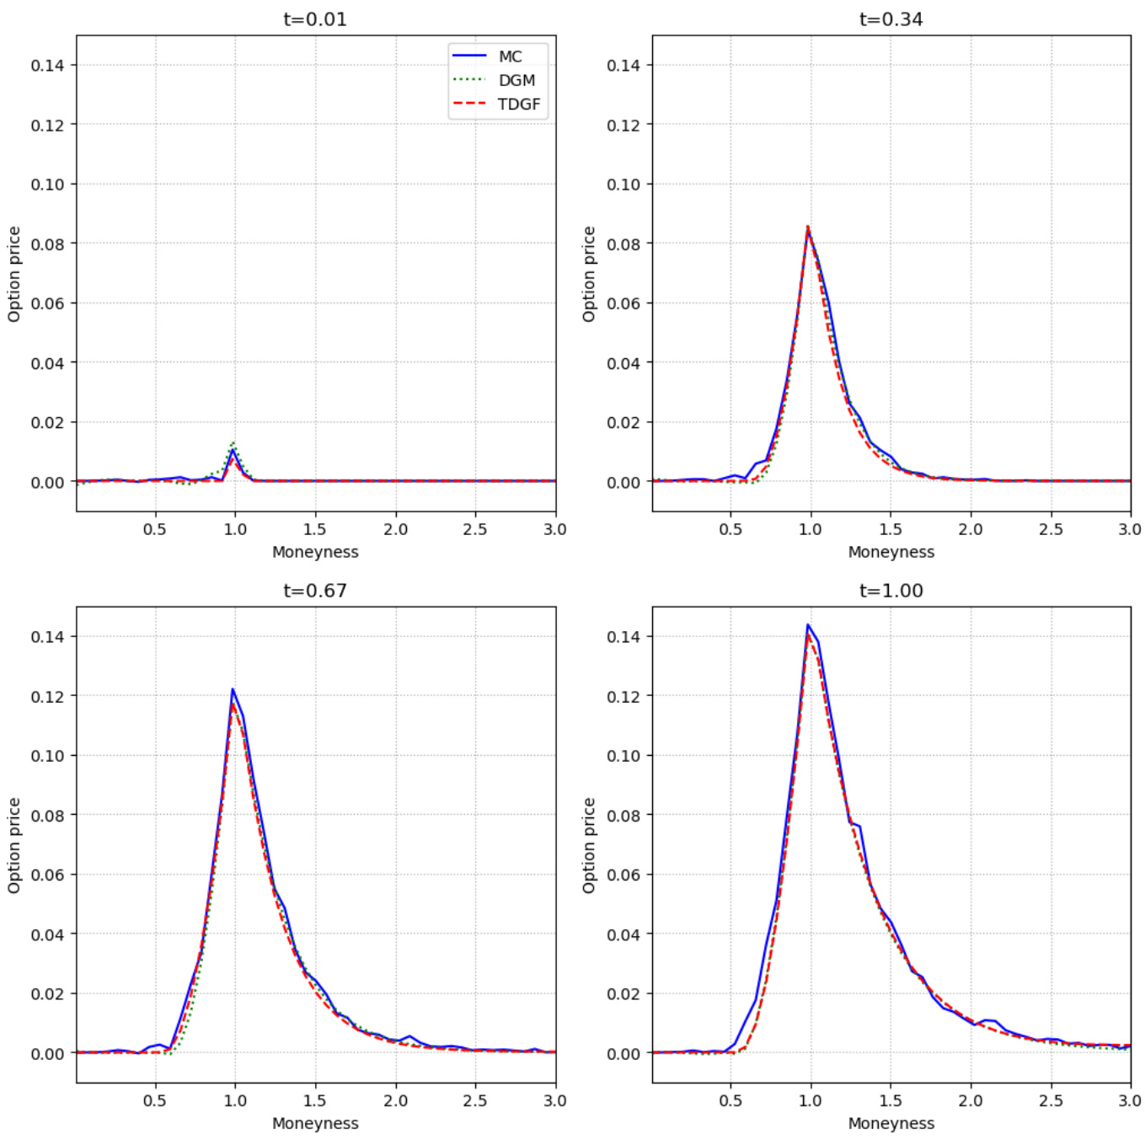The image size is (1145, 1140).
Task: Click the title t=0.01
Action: [x=315, y=19]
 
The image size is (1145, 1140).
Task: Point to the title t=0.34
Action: [x=891, y=19]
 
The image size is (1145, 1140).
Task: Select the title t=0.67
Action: [x=315, y=591]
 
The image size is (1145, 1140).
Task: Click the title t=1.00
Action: [x=891, y=591]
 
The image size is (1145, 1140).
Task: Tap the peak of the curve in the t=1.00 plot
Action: [x=808, y=625]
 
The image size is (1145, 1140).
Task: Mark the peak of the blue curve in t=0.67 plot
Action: [x=233, y=690]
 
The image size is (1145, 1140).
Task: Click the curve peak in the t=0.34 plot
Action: [x=808, y=227]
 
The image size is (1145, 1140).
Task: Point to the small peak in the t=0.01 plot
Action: [x=233, y=449]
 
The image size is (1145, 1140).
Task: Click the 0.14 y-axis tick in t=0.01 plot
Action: [x=47, y=65]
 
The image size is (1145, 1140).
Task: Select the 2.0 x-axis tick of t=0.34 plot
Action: [x=971, y=529]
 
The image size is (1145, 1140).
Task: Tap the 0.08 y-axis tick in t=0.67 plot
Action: [x=47, y=815]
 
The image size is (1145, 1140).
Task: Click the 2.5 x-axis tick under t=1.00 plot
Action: [x=1051, y=1100]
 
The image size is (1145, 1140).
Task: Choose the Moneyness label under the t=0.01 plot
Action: [x=315, y=552]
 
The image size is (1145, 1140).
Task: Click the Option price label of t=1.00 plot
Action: [x=589, y=845]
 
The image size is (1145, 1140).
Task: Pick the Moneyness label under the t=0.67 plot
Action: [x=315, y=1123]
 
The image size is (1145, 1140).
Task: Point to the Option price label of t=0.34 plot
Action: [x=589, y=274]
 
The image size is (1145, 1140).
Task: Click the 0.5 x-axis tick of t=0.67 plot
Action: [x=155, y=1100]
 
